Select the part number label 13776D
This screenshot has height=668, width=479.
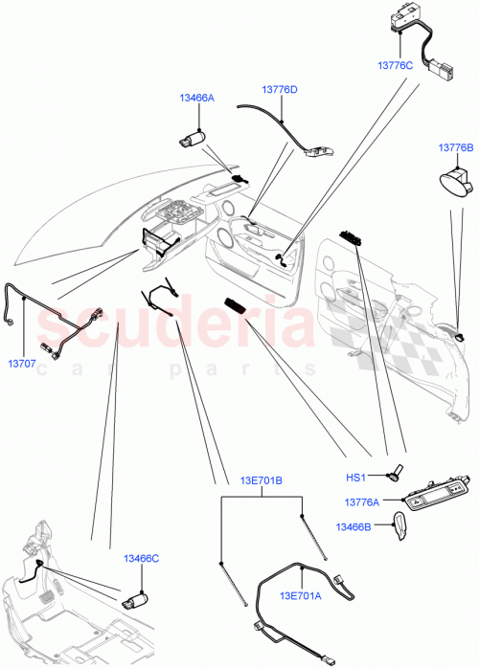click(280, 89)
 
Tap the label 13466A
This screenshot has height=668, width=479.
click(196, 98)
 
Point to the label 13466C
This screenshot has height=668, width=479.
click(141, 559)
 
